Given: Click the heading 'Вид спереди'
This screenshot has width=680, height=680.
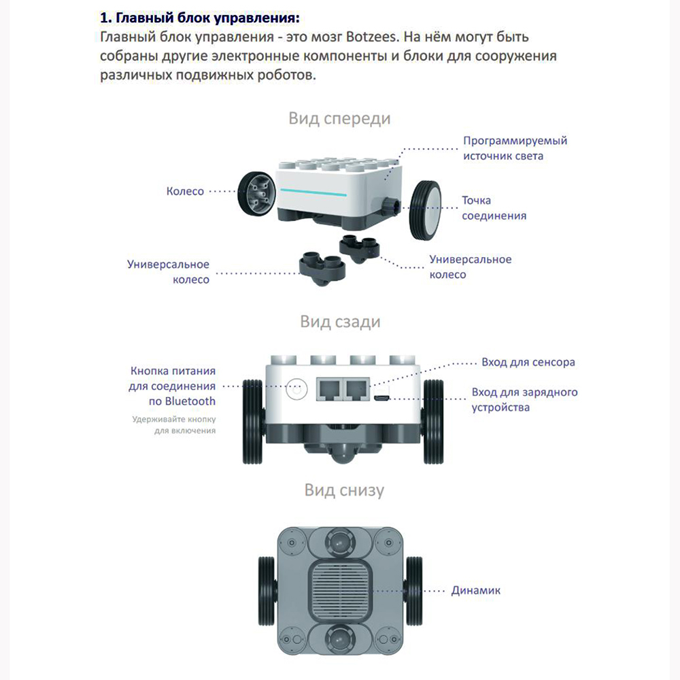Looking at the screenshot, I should [339, 118].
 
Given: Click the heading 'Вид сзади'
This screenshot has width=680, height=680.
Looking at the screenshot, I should [340, 321].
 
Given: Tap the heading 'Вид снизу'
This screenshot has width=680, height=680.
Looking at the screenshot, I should [343, 490].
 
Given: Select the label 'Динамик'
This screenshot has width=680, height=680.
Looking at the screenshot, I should [475, 590].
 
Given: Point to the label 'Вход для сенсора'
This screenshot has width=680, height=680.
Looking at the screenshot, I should [528, 362].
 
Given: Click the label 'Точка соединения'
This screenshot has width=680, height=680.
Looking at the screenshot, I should [494, 208].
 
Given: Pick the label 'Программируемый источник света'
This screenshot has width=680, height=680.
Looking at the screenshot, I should [515, 148].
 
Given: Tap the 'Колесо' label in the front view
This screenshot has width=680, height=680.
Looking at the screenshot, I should [185, 191].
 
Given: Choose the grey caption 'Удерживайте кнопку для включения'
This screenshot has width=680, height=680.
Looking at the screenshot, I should [174, 425].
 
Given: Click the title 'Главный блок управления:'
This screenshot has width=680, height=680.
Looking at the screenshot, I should [199, 16].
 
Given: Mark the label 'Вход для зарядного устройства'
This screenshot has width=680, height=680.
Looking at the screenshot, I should [524, 400].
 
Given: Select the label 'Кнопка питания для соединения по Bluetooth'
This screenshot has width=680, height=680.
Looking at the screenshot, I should [173, 386].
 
